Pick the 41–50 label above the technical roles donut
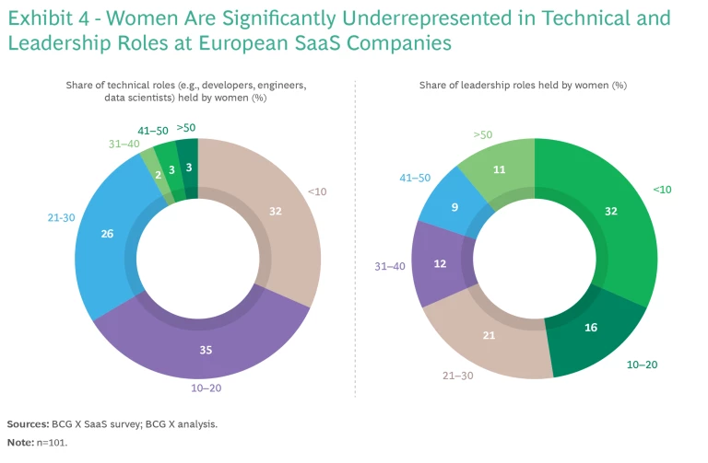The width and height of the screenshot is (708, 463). pos(152,132)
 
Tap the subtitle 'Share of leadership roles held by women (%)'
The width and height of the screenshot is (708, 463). pos(523,85)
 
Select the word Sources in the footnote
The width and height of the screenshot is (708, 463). pos(27,423)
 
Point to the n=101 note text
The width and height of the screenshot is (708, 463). pos(52,443)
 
